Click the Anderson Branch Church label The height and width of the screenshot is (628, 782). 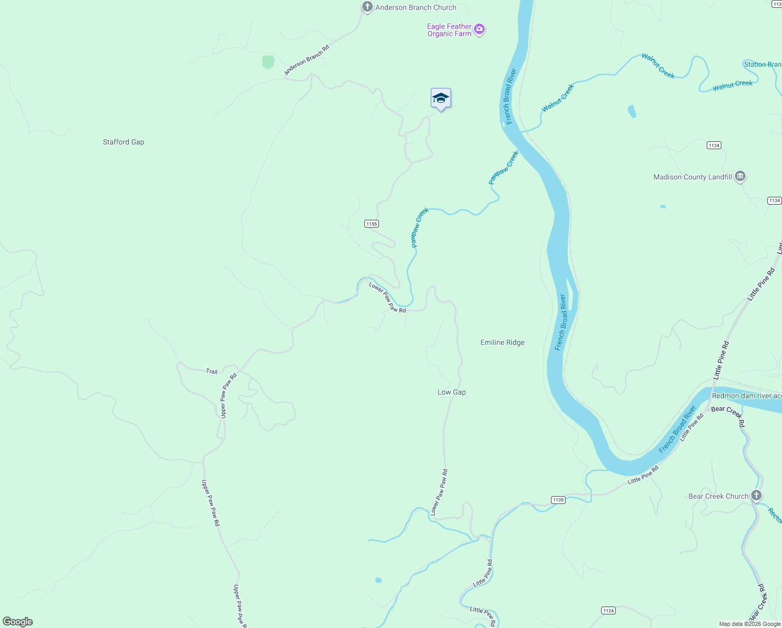coord(416,7)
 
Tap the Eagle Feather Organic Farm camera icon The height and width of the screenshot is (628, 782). coord(479,30)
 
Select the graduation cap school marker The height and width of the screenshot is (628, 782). coord(441,98)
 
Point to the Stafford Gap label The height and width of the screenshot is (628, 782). coord(123,142)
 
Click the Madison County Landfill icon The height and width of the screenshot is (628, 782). coord(740,176)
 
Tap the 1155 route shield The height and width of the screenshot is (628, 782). coord(371,224)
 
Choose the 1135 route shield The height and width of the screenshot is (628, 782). coord(558,500)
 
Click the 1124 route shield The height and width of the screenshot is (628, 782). coord(608,611)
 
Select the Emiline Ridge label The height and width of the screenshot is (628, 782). coord(502,342)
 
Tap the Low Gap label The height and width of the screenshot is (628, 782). coord(452,392)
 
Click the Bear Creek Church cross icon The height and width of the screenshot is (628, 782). coord(756,495)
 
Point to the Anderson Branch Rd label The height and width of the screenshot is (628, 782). coord(307,60)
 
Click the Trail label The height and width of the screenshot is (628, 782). coord(212,372)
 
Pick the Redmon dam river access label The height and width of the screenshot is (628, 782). coord(746,396)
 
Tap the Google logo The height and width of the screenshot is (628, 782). coord(18,622)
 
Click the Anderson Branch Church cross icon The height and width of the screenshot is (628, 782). coord(367,7)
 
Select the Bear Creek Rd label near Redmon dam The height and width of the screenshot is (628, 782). coord(728,415)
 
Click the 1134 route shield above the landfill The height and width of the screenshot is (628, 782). coord(714,145)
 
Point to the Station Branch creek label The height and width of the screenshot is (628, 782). coord(762,64)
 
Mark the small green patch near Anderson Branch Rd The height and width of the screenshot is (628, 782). coord(268,62)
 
